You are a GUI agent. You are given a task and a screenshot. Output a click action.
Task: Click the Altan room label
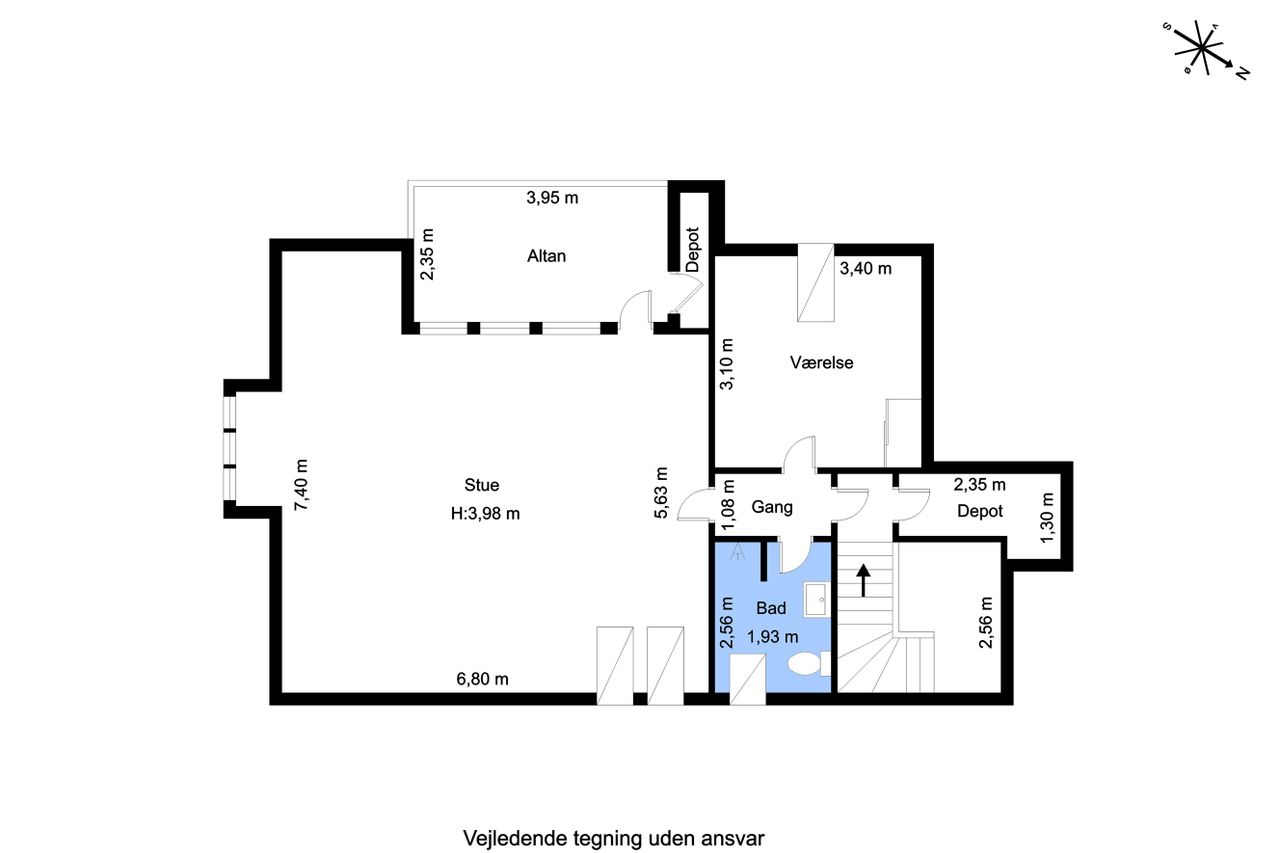(x=546, y=256)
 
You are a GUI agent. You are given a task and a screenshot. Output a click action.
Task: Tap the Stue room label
(x=482, y=485)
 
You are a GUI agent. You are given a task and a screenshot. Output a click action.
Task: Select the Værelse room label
(x=822, y=362)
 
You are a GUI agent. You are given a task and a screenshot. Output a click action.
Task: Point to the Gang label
(x=772, y=507)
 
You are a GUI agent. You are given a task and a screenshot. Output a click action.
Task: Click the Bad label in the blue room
(x=771, y=608)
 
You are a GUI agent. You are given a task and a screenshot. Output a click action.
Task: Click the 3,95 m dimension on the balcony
(x=552, y=198)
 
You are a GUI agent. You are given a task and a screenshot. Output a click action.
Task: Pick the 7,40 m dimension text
(x=301, y=485)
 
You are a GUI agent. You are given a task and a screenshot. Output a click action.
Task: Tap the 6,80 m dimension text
(x=482, y=679)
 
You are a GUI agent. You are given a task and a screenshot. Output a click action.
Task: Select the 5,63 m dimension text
(x=661, y=493)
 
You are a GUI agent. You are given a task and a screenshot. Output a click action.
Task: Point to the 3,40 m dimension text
(x=866, y=268)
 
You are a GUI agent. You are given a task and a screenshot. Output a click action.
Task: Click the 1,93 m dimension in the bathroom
(x=773, y=636)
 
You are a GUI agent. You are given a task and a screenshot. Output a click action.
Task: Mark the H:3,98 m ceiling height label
(x=485, y=514)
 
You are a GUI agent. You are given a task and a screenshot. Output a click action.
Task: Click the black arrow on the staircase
(x=863, y=580)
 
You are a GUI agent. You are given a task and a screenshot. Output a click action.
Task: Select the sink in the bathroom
(x=816, y=599)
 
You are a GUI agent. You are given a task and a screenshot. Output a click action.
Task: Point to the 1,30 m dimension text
(x=1047, y=518)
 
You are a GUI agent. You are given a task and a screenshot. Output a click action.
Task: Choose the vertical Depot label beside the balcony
(x=693, y=250)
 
